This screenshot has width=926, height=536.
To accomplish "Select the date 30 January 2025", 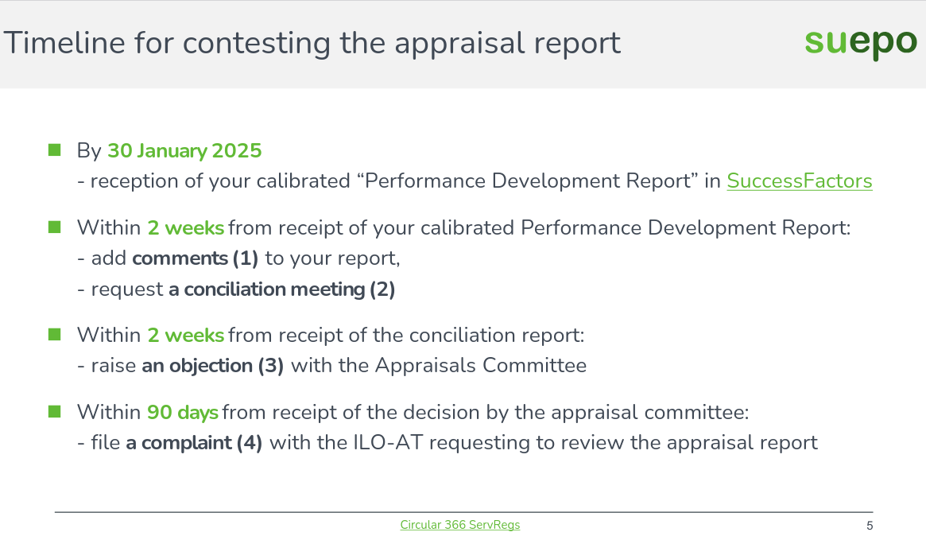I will (184, 150).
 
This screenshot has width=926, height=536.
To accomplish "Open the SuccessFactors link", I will (799, 181).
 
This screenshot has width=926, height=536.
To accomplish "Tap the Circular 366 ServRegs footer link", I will (460, 525).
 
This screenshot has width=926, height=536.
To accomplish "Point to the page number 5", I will (870, 526).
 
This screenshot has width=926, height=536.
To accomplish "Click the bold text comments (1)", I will (196, 258).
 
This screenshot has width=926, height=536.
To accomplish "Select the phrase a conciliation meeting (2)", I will (281, 289).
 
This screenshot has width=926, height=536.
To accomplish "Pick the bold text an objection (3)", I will (213, 366).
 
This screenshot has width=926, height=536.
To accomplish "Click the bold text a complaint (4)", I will (194, 442).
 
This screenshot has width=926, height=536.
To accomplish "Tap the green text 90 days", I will (182, 413).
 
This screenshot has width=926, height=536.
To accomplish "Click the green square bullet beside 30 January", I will (55, 150).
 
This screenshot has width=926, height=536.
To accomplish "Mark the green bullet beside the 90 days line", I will (55, 412).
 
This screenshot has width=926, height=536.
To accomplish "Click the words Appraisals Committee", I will (481, 366).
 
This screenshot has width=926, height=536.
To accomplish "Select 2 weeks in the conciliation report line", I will (185, 336).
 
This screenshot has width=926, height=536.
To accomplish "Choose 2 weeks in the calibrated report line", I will (185, 227).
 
